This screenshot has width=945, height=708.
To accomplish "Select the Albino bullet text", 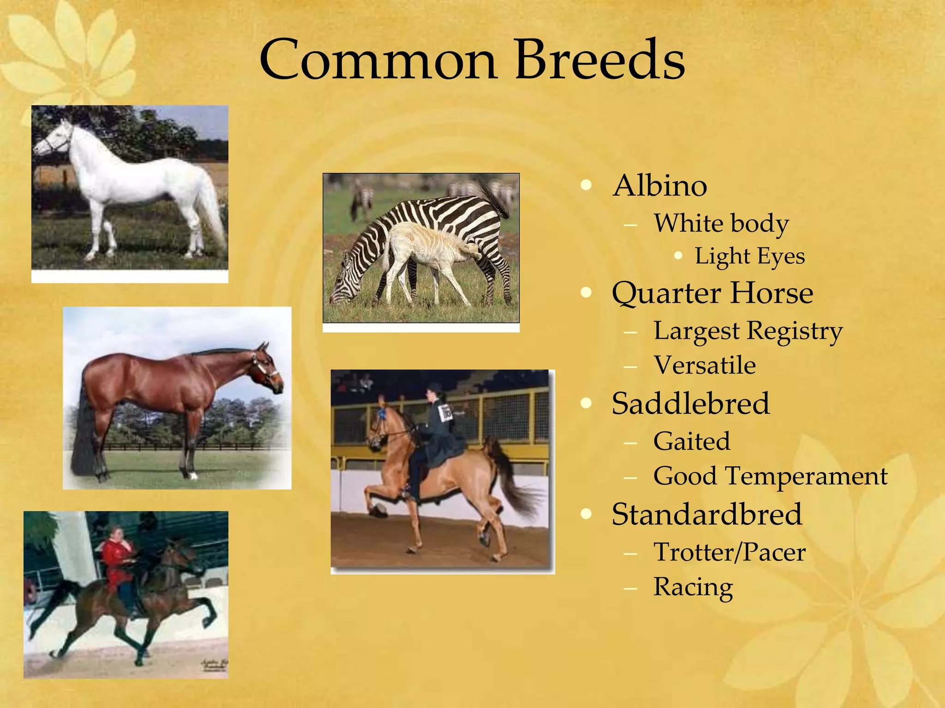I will [659, 186].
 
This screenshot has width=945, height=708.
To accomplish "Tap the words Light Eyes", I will [749, 256].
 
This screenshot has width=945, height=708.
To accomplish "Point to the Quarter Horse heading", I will [712, 293].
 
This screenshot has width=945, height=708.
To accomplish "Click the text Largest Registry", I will [748, 331].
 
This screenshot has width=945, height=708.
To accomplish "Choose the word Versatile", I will [704, 365].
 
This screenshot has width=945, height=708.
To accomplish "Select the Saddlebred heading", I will [690, 404].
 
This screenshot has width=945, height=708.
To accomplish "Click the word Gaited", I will [692, 441].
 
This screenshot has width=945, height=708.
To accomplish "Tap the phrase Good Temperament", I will [770, 476].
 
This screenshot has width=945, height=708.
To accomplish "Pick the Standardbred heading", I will [706, 514].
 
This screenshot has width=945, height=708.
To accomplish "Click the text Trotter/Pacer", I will [729, 552].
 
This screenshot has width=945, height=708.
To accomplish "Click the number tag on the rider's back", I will [446, 412].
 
